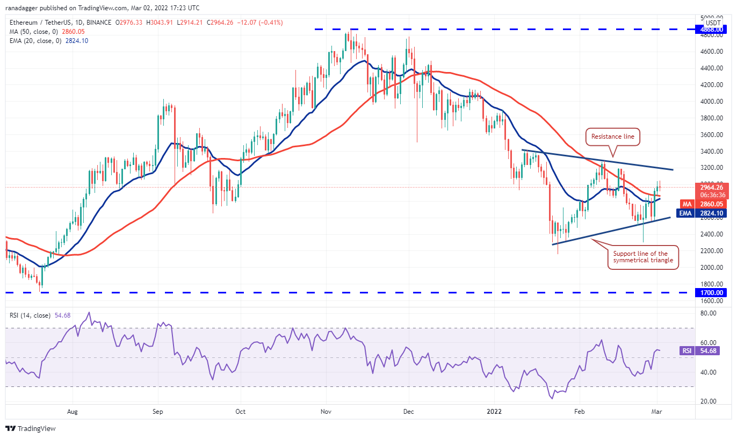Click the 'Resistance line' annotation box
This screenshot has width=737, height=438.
[612, 137]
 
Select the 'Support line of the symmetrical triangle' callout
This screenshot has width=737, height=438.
[642, 257]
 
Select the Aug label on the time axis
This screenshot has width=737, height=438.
[73, 412]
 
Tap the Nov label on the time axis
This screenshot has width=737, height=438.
[326, 412]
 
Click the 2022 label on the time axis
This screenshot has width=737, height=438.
[493, 412]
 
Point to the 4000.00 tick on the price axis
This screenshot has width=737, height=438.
[711, 102]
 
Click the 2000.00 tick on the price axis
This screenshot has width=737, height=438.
[711, 268]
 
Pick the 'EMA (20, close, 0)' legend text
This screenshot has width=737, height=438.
[34, 41]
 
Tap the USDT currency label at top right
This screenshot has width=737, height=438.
[713, 23]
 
